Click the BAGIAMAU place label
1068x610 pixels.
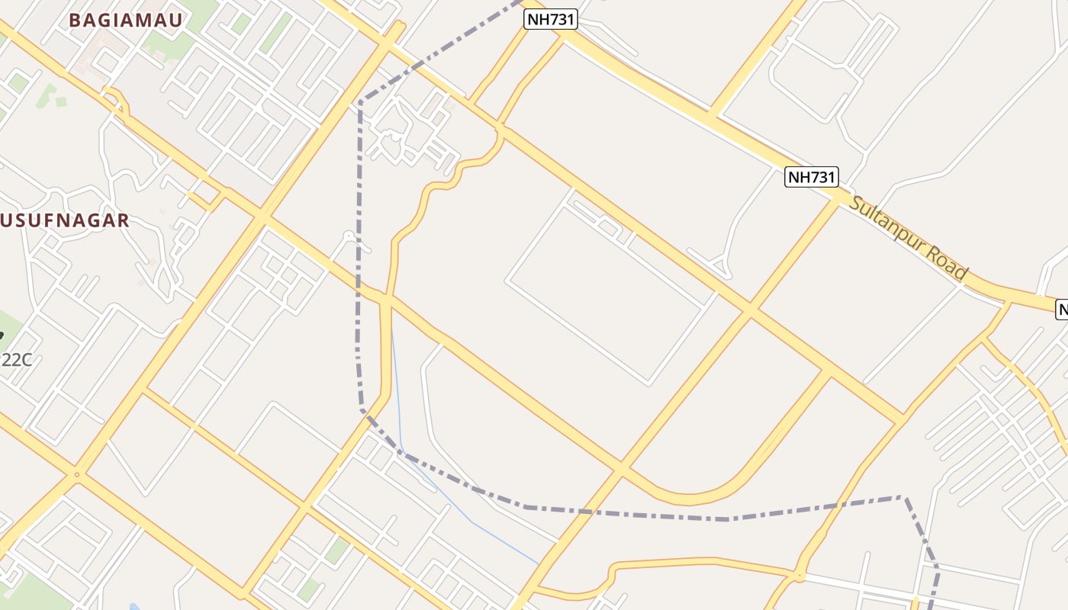(126, 21)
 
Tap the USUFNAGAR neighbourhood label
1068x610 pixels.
(64, 221)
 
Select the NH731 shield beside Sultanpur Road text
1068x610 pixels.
(812, 178)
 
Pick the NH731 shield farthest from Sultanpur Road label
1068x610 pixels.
(550, 19)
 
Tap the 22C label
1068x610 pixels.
(17, 360)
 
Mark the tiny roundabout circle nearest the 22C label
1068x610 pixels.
(76, 475)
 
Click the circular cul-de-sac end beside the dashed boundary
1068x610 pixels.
(349, 236)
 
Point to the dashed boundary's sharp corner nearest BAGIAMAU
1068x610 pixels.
(359, 101)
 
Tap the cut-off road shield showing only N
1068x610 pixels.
(1062, 309)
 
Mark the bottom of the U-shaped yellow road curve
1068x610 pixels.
(690, 500)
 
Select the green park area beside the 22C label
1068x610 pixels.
(9, 324)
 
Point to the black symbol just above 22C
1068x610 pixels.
(2, 334)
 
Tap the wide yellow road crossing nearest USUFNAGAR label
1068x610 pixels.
(262, 219)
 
